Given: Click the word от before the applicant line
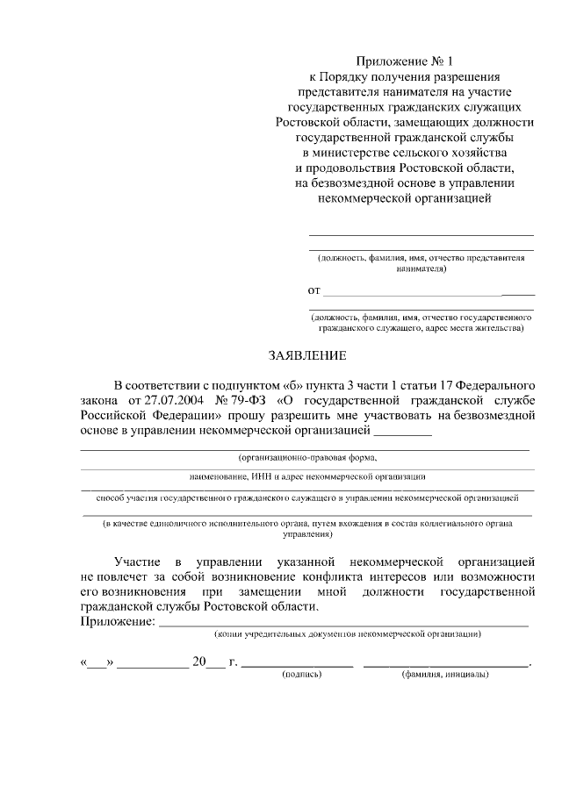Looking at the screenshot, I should (x=313, y=290).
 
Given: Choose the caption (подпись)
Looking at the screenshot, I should (x=301, y=675).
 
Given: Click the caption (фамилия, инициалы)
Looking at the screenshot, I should (x=445, y=675).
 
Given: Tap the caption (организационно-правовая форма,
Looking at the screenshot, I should (x=307, y=458).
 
